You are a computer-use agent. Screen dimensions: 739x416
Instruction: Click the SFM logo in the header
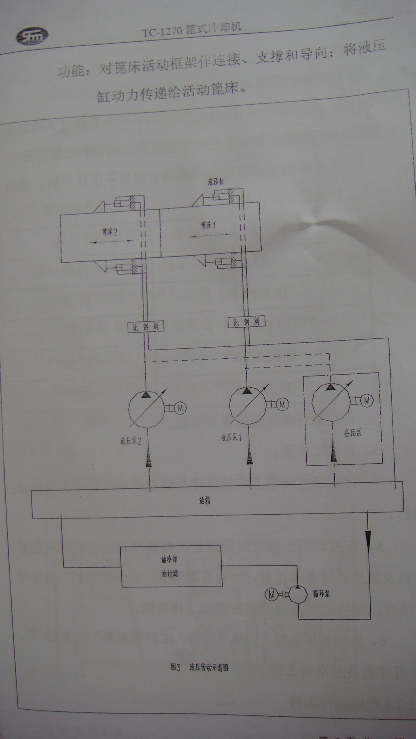click(x=32, y=37)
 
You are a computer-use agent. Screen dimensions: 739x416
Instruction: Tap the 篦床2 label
click(x=109, y=231)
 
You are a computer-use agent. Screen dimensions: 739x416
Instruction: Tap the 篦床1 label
click(x=208, y=225)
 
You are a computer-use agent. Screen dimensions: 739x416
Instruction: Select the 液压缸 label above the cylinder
click(x=216, y=182)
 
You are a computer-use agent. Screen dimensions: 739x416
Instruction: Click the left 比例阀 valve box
click(x=146, y=327)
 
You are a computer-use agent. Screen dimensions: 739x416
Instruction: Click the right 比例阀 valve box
click(x=247, y=321)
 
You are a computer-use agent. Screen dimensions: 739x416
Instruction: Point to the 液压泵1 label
click(x=231, y=437)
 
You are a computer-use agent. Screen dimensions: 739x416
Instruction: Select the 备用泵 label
click(x=352, y=433)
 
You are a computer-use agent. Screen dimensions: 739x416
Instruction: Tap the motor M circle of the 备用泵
click(x=367, y=401)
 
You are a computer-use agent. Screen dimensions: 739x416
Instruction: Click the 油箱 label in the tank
click(x=205, y=501)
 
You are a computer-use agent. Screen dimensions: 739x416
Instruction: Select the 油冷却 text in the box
click(x=169, y=559)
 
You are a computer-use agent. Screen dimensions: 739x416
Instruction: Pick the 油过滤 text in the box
click(x=169, y=573)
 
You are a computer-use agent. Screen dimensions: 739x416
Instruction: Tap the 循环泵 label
click(x=321, y=594)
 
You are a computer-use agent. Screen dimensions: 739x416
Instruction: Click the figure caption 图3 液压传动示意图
click(x=200, y=667)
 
